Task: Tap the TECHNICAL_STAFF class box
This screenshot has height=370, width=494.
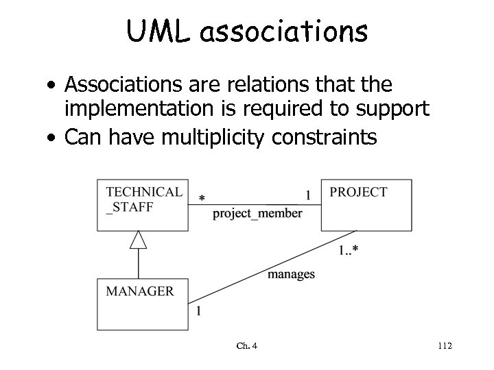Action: (143, 205)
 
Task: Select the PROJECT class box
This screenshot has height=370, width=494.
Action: (366, 205)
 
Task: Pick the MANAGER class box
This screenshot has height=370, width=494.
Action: (143, 304)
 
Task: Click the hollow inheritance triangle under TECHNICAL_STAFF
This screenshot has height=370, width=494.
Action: (139, 239)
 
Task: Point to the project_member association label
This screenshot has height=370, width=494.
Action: (257, 213)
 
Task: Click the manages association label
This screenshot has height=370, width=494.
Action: (291, 274)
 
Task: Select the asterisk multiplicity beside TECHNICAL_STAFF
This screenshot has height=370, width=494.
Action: (201, 199)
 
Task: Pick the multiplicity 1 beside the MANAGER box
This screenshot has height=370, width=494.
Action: (198, 311)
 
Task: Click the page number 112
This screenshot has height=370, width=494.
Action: (444, 346)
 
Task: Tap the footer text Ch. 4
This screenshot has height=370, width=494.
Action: (246, 346)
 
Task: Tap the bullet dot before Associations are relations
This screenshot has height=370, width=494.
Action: (52, 86)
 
